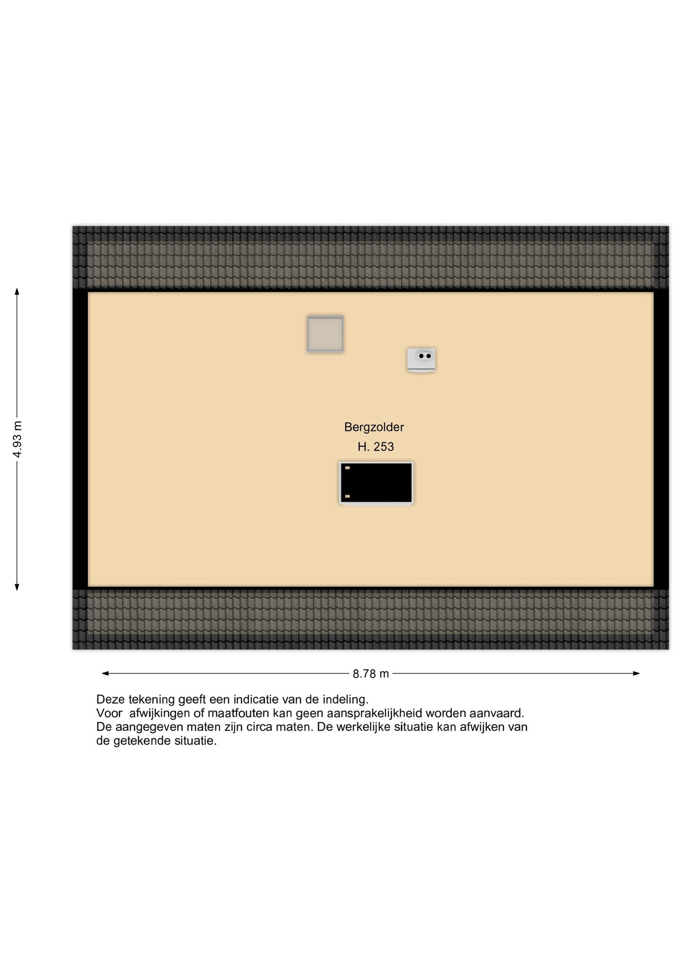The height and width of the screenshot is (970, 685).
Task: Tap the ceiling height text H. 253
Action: click(376, 447)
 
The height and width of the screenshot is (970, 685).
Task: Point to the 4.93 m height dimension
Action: click(17, 439)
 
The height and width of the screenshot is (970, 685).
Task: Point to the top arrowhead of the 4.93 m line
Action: click(17, 291)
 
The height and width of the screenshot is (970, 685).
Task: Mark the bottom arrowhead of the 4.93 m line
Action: click(17, 587)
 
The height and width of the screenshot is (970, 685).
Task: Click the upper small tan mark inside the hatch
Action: click(347, 468)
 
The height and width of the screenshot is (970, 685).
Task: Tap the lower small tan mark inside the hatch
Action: click(347, 496)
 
